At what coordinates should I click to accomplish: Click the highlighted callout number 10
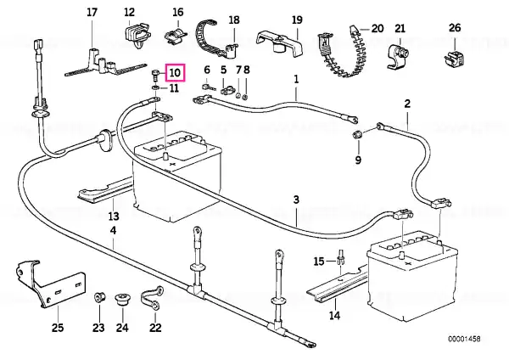(x=175, y=72)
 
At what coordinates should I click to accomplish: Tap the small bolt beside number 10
(x=155, y=76)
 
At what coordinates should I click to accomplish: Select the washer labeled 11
(x=155, y=87)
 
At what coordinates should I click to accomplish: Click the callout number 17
(x=92, y=13)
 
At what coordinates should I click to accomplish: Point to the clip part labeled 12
(x=137, y=34)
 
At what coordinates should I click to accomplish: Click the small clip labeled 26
(x=455, y=59)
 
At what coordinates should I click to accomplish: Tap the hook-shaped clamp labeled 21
(x=398, y=57)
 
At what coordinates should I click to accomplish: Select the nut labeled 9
(x=357, y=134)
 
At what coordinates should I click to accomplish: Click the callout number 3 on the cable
(x=296, y=200)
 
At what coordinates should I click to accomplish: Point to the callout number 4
(x=113, y=230)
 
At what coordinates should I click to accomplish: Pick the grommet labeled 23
(x=98, y=298)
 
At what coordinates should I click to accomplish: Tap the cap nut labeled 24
(x=123, y=299)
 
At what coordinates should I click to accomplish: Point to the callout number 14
(x=334, y=315)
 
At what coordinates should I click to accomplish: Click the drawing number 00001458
(x=464, y=339)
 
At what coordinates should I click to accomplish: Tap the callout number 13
(x=114, y=216)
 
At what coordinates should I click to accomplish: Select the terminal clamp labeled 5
(x=227, y=90)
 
